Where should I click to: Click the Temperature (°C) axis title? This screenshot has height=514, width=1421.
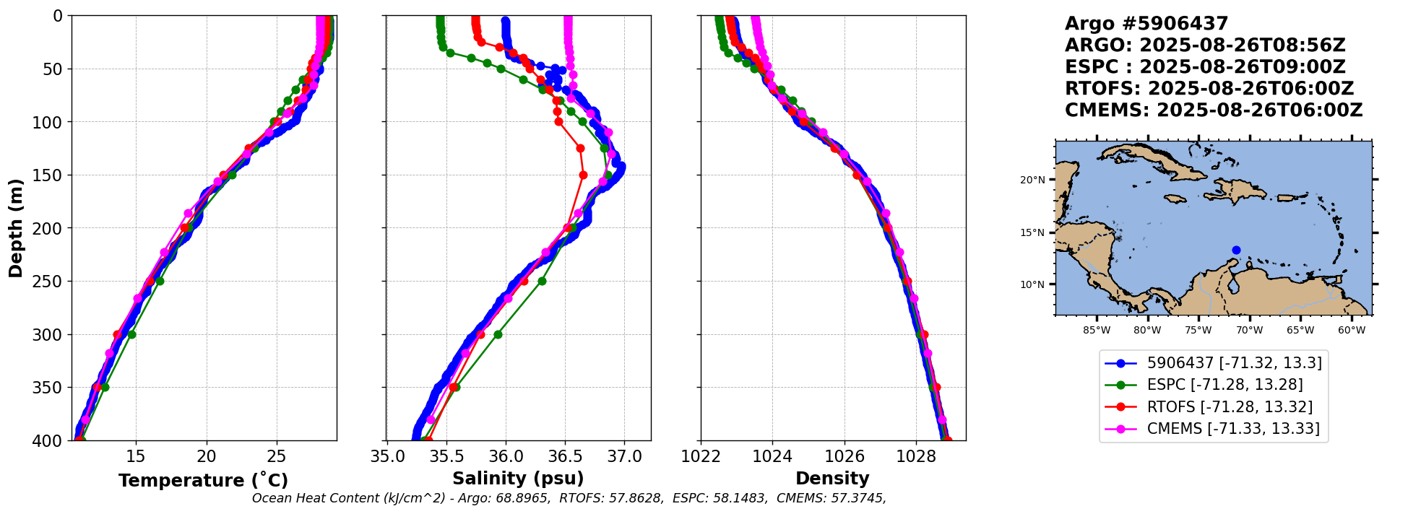point(203,480)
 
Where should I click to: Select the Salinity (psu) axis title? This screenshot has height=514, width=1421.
point(518,479)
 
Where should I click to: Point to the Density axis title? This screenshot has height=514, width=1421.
point(832,479)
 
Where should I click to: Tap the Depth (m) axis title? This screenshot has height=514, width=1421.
point(15,228)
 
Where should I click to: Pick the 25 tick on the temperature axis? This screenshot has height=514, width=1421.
point(277,456)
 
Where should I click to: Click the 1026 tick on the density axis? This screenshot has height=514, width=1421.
point(845,456)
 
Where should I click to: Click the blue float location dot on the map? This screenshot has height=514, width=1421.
point(1236,250)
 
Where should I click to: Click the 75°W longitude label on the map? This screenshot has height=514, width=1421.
point(1198,331)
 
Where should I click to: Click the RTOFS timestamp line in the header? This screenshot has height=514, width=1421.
point(1209,89)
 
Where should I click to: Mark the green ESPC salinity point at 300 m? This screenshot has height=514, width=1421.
point(498,334)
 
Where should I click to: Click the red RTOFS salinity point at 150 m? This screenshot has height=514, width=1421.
point(583,175)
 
